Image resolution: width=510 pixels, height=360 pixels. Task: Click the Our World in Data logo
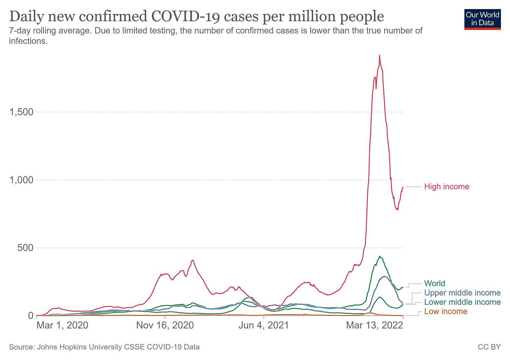[x=482, y=19]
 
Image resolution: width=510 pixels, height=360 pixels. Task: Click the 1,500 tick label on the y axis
[x=22, y=112]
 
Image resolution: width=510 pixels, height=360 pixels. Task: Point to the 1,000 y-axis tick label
[x=22, y=180]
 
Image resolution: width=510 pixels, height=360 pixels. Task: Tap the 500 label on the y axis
[x=26, y=248]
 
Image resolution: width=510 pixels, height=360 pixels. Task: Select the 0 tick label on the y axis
[x=30, y=316]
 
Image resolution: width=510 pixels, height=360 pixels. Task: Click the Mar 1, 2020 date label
[x=62, y=325]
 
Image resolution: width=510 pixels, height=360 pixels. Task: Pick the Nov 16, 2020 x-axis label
[x=165, y=325]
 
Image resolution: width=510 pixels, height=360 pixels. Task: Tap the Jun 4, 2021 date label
[x=263, y=325]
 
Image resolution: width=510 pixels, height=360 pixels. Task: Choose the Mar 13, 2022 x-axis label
[x=374, y=325]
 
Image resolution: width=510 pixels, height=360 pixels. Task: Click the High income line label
[x=446, y=187]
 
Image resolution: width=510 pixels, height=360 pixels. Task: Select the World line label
[x=434, y=283]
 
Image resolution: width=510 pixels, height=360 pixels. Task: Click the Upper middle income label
[x=462, y=293]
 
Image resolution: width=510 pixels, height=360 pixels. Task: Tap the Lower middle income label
[x=462, y=302]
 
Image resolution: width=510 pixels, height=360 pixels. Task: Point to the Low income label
[x=446, y=311]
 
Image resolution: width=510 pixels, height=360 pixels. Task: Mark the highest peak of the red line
[x=379, y=56]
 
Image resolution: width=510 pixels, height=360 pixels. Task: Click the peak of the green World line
[x=380, y=257]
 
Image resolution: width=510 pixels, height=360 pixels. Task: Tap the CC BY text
[x=489, y=347]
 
